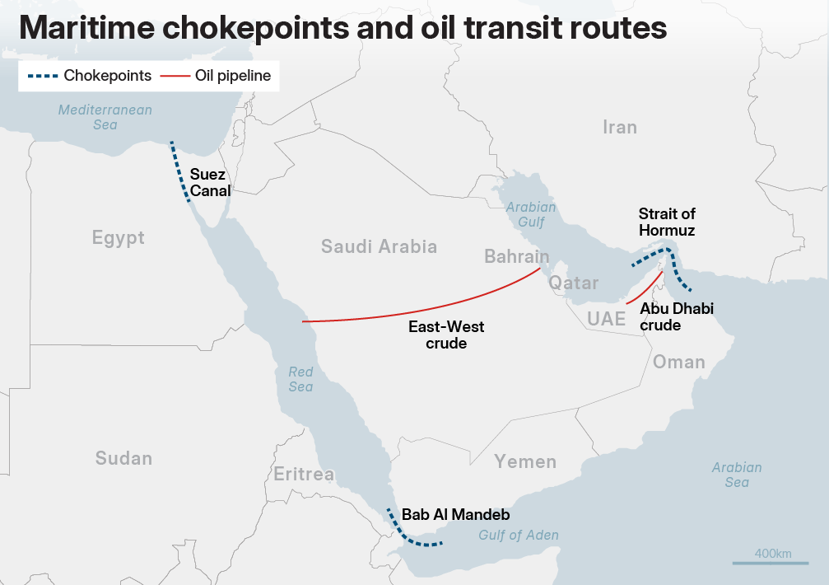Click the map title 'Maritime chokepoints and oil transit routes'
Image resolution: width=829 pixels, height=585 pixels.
pyautogui.click(x=342, y=28)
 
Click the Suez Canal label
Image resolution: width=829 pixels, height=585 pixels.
pyautogui.click(x=210, y=182)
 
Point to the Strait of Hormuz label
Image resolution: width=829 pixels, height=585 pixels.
pyautogui.click(x=667, y=222)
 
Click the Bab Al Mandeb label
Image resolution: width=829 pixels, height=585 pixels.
pyautogui.click(x=455, y=515)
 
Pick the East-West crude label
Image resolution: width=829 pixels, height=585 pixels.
pyautogui.click(x=446, y=335)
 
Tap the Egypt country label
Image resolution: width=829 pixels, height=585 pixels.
pyautogui.click(x=118, y=238)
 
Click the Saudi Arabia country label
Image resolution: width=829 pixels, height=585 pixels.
pyautogui.click(x=379, y=246)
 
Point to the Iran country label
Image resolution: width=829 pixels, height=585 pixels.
pyautogui.click(x=619, y=127)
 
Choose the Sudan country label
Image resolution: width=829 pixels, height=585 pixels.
pyautogui.click(x=123, y=458)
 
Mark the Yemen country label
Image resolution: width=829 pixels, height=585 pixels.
pyautogui.click(x=525, y=461)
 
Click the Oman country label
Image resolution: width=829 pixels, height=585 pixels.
pyautogui.click(x=678, y=362)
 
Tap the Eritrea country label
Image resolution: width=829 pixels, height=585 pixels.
pyautogui.click(x=304, y=474)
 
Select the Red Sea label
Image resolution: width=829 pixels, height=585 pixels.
pyautogui.click(x=300, y=379)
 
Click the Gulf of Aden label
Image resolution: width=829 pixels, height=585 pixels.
pyautogui.click(x=519, y=536)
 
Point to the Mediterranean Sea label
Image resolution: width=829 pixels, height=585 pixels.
pyautogui.click(x=105, y=117)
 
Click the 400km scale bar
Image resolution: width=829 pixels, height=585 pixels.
pyautogui.click(x=762, y=562)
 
